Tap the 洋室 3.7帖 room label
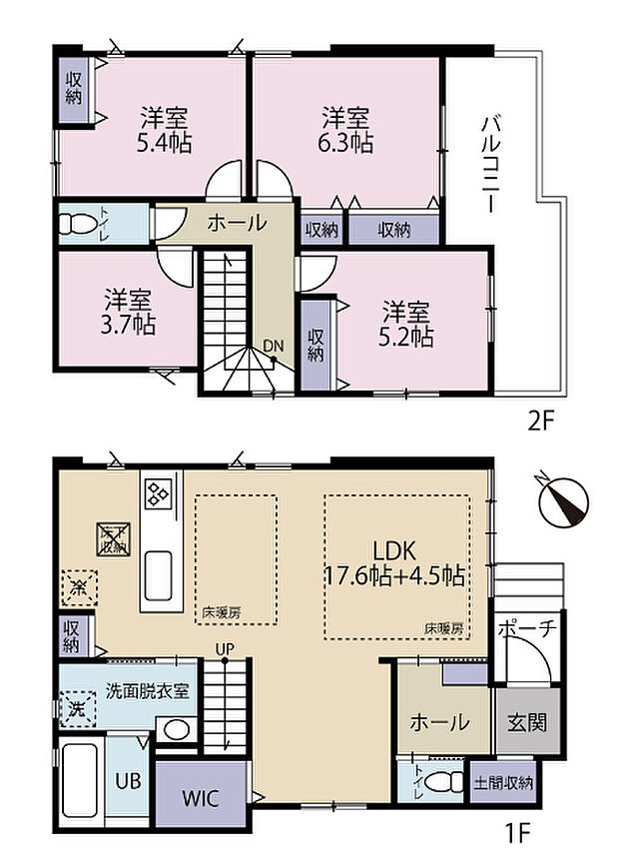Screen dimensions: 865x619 coord(130,312)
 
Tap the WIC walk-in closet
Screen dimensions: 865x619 coord(201,798)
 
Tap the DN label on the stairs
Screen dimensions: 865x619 coord(274,347)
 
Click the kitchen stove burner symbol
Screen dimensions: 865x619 coord(159,491)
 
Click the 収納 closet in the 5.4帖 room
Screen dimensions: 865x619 coord(74,90)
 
